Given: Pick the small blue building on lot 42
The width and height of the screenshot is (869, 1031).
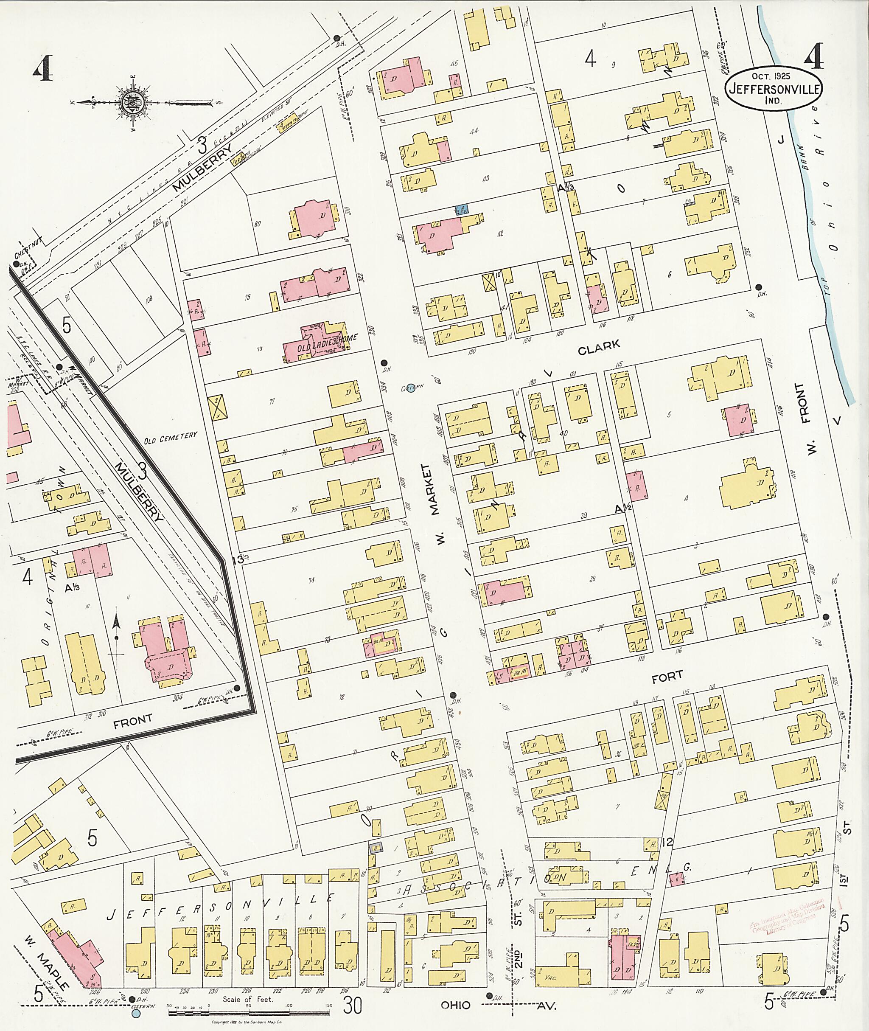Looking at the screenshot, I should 462,209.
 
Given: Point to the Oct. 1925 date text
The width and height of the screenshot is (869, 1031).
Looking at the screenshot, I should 771,76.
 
